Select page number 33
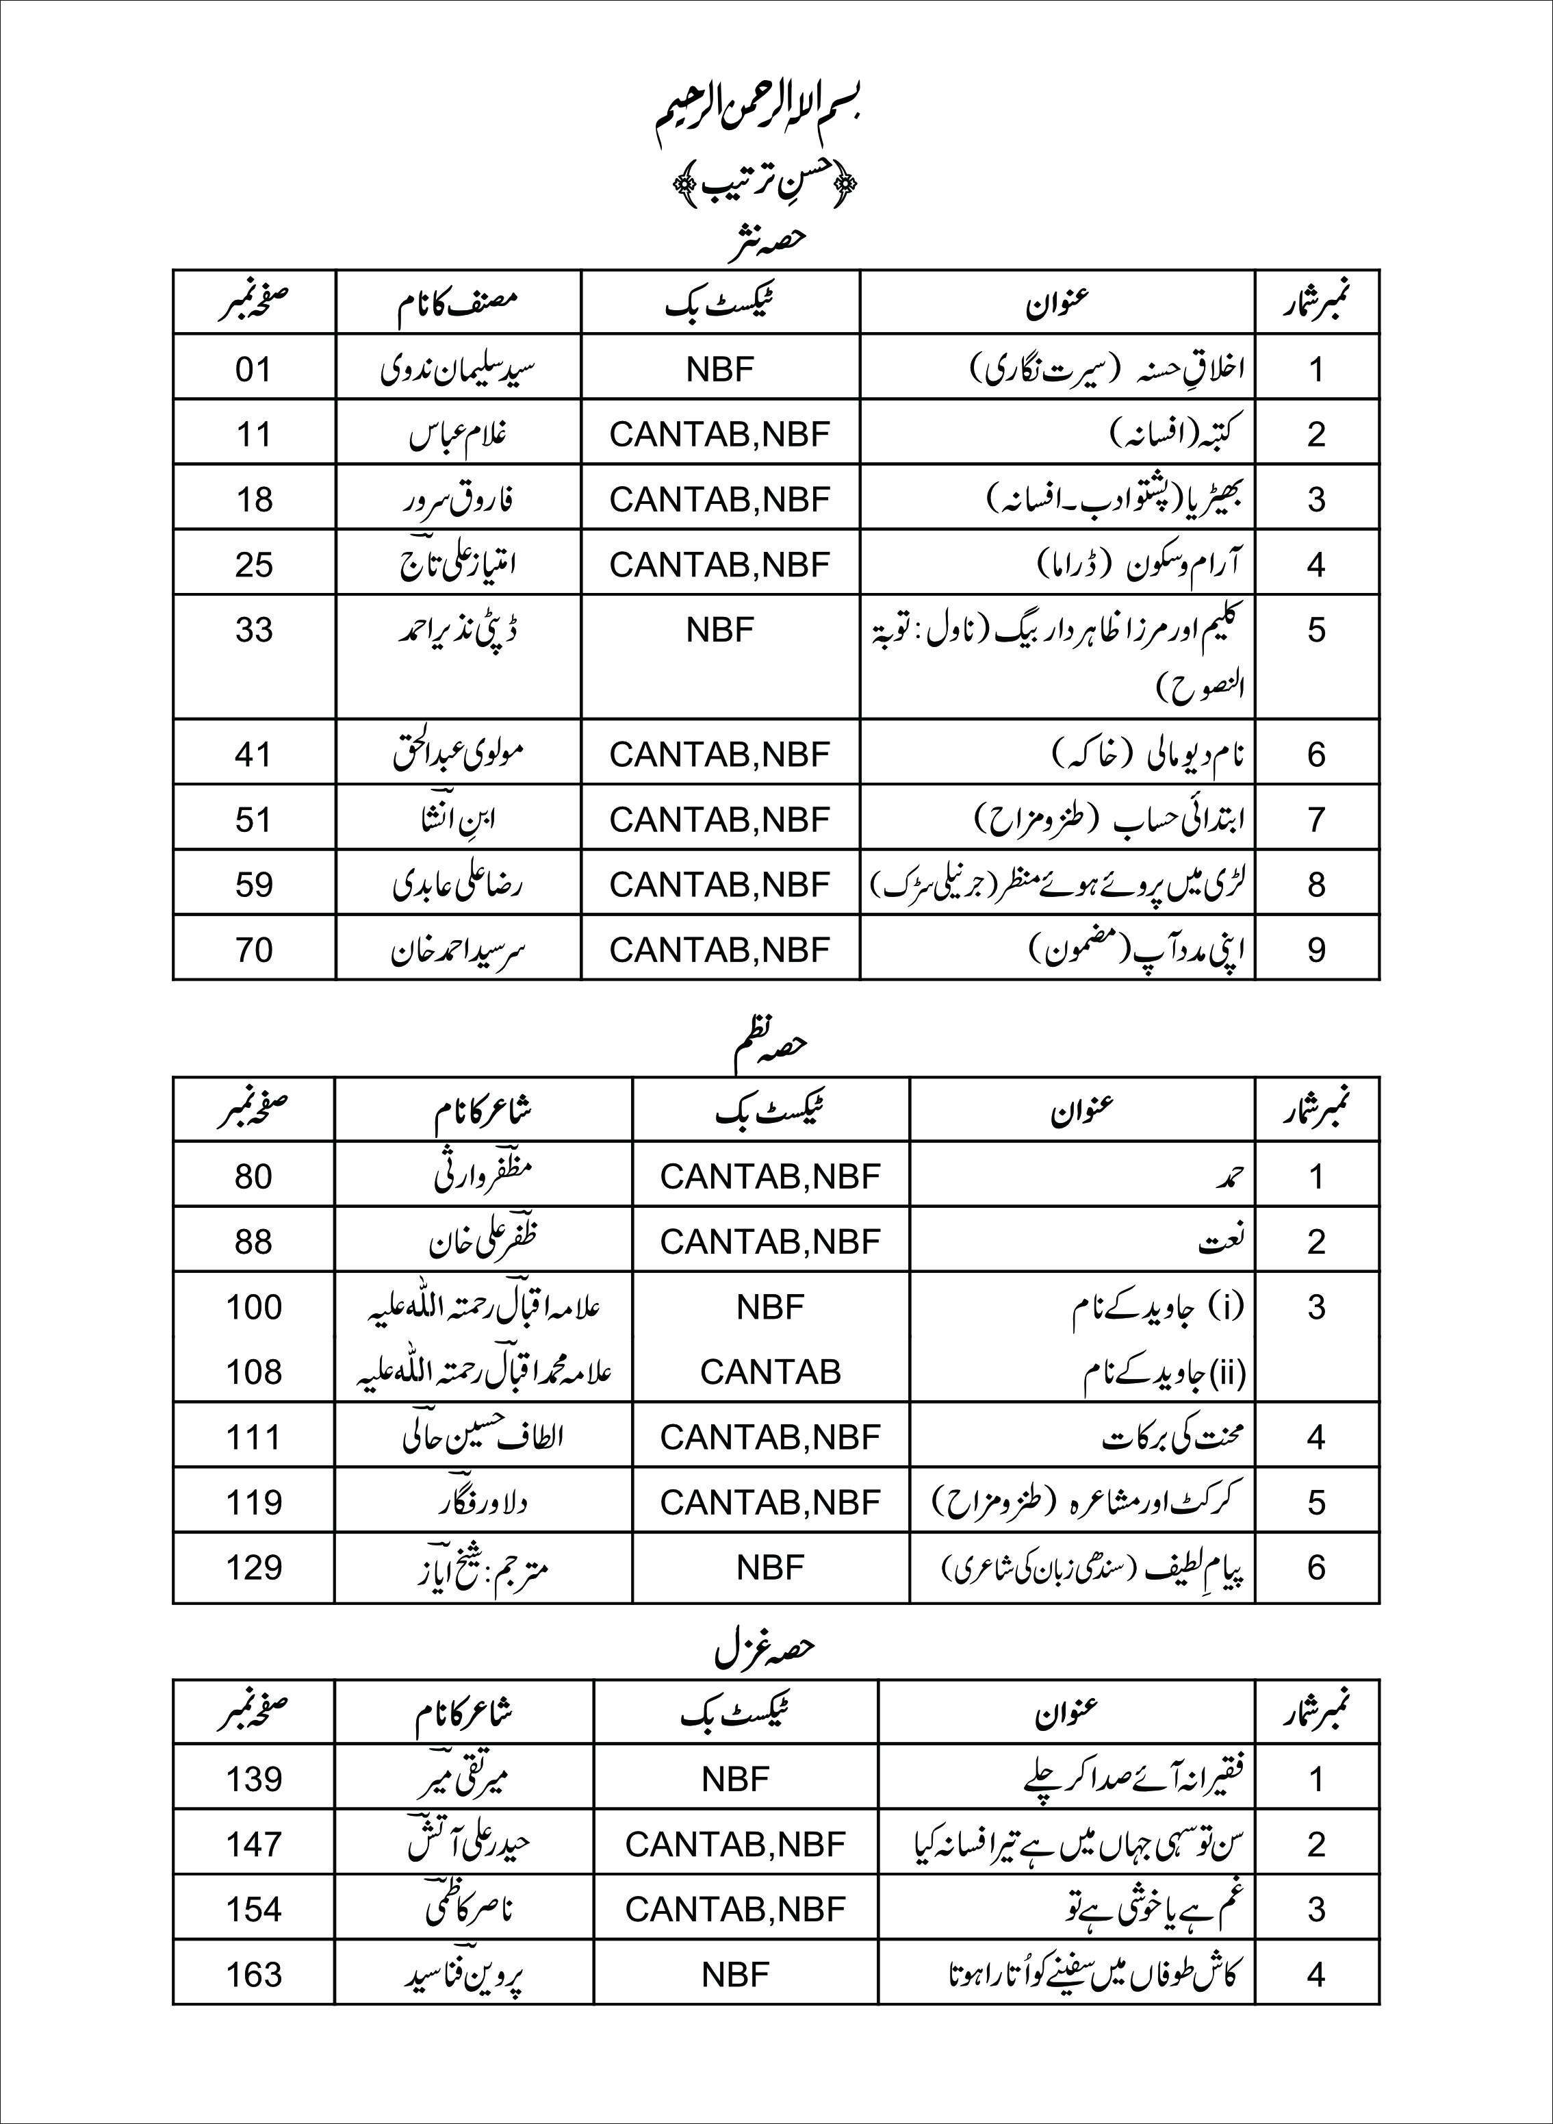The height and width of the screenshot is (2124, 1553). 254,629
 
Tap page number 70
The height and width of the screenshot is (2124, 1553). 254,950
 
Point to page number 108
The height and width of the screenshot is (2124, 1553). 254,1371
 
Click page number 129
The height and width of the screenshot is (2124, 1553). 254,1567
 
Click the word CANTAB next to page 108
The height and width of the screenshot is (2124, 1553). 770,1371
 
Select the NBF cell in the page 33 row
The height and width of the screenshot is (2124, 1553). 720,629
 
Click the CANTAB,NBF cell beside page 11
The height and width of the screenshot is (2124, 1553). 720,433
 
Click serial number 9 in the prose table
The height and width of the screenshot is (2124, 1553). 1316,950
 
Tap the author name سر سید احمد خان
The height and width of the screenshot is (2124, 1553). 458,950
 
